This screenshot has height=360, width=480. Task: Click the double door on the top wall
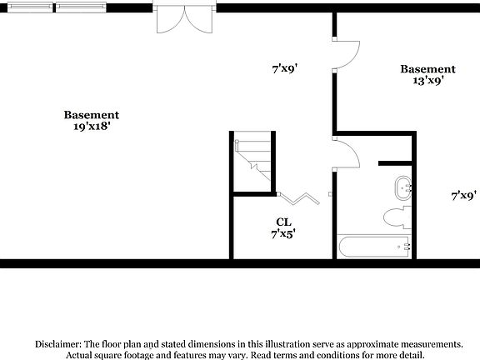click(184, 18)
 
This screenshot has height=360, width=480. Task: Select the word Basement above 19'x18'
click(92, 115)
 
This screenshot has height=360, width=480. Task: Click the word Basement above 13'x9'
click(427, 69)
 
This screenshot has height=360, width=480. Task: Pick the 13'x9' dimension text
click(427, 82)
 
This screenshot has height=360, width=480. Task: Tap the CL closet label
click(283, 222)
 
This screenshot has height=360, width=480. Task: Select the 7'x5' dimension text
click(283, 234)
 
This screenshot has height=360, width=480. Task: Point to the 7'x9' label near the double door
click(284, 70)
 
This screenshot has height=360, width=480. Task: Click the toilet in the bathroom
click(396, 218)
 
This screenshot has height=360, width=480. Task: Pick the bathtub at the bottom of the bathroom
click(375, 247)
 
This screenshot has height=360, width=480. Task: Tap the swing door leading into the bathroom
click(347, 153)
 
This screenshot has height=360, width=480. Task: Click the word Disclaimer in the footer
click(57, 343)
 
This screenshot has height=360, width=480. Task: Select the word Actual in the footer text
click(82, 355)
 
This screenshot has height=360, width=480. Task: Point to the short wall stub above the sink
click(395, 161)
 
